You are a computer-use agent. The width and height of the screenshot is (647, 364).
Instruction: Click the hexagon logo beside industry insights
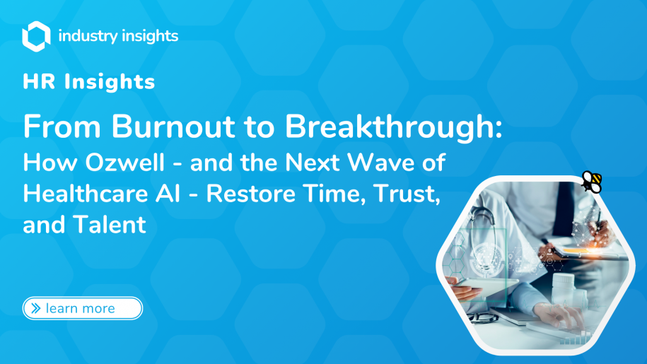pos(36,35)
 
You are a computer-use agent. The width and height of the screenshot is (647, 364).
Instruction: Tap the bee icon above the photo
pos(591,182)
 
